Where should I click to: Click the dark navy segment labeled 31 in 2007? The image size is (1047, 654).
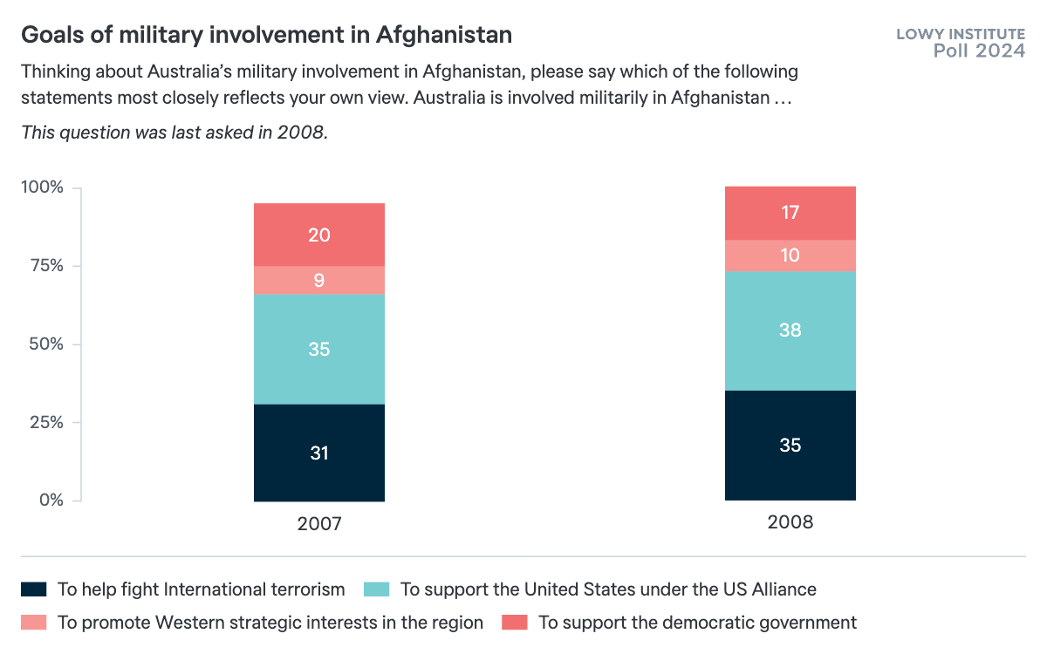coord(319,453)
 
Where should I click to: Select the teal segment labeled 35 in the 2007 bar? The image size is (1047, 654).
coord(319,349)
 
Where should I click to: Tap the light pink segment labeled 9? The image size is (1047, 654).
coord(319,280)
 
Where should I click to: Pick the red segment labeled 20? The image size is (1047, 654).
coord(319,235)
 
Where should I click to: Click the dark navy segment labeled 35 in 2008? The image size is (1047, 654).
coord(790,445)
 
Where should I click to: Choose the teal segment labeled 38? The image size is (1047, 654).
coord(790,330)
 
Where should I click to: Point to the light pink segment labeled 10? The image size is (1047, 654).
coord(790,255)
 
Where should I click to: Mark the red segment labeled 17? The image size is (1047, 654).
coord(790,213)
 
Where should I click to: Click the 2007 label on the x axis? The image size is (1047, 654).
coord(319,524)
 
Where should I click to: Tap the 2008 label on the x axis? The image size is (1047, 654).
coord(790,522)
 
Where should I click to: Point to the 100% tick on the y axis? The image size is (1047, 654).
coord(43,187)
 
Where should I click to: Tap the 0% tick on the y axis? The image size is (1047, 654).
coord(51,501)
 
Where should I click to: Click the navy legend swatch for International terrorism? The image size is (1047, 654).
coord(33,589)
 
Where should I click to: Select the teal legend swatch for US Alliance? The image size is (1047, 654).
coord(376,589)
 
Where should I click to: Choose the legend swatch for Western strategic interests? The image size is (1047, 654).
coord(33,623)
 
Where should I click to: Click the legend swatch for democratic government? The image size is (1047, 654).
coord(514,623)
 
